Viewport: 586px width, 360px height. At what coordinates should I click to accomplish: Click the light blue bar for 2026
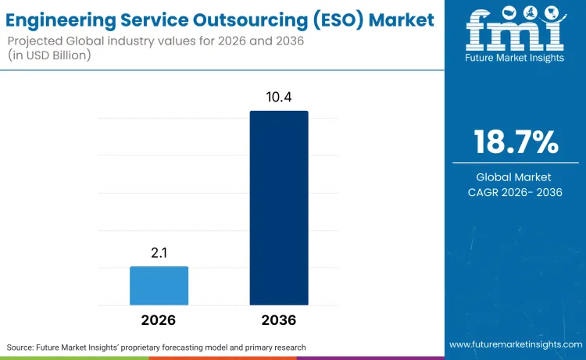pos(159,285)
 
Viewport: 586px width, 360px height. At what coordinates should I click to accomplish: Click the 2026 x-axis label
pos(159,320)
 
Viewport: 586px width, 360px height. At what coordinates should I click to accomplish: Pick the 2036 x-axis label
pos(279,320)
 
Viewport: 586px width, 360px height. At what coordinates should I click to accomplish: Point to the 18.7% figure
pos(516,142)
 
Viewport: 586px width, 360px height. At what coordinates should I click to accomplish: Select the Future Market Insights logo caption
pos(516,59)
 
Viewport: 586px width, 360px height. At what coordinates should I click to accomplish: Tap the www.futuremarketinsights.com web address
pos(516,344)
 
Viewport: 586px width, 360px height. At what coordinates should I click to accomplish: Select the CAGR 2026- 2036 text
pos(516,192)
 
